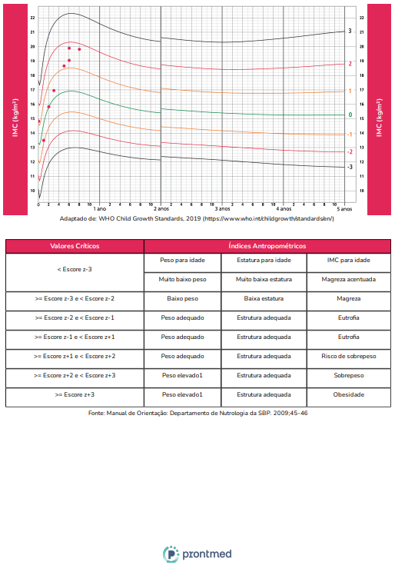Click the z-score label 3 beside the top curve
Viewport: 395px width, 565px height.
[x=350, y=31]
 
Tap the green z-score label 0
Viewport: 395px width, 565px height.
[x=350, y=115]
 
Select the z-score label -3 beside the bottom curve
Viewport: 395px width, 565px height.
[x=350, y=167]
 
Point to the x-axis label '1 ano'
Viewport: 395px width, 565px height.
[x=100, y=208]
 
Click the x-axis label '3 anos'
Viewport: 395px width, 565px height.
[x=223, y=208]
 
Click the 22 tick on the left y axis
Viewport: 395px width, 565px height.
[x=33, y=18]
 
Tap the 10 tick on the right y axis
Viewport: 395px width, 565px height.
[x=361, y=191]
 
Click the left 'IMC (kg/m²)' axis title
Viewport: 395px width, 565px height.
[x=15, y=118]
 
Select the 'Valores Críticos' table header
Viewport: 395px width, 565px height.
[x=75, y=246]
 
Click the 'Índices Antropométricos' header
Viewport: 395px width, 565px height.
[x=267, y=246]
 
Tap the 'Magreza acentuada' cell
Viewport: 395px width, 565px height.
[x=349, y=279]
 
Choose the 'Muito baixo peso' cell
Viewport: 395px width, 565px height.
[x=183, y=279]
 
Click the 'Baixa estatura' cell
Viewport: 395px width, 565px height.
[x=264, y=298]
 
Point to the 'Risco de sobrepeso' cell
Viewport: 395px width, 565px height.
[x=349, y=356]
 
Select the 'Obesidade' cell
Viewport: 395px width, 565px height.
[x=349, y=394]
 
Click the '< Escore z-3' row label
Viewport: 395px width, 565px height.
[x=75, y=269]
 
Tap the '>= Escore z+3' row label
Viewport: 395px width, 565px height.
[x=75, y=394]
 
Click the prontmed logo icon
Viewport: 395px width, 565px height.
[x=171, y=553]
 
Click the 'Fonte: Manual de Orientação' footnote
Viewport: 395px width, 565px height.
[x=198, y=413]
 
